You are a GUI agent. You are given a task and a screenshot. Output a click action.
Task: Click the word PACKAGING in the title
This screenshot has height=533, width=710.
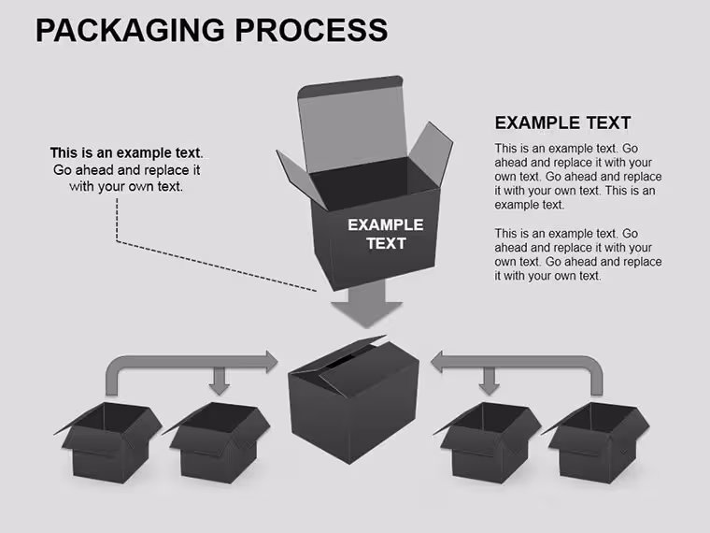pyautogui.click(x=130, y=31)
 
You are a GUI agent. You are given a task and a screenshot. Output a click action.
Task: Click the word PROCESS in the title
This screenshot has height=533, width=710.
pyautogui.click(x=311, y=30)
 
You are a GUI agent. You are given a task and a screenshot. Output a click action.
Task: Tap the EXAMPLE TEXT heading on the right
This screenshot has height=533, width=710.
pyautogui.click(x=562, y=122)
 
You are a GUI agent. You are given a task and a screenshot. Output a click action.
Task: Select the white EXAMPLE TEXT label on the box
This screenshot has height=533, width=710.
pyautogui.click(x=386, y=234)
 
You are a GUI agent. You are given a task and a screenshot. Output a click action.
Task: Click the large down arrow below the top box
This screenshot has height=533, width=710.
pyautogui.click(x=366, y=304)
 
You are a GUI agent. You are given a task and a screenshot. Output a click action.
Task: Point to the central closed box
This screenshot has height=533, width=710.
pyautogui.click(x=354, y=400)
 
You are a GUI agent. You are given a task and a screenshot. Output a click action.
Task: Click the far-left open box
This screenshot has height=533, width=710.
pyautogui.click(x=108, y=442)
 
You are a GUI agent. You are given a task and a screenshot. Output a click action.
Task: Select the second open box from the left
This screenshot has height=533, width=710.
pyautogui.click(x=216, y=442)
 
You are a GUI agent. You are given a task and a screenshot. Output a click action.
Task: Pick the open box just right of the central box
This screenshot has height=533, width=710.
pyautogui.click(x=488, y=442)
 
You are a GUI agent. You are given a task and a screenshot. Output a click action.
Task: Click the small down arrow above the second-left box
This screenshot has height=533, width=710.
pyautogui.click(x=220, y=381)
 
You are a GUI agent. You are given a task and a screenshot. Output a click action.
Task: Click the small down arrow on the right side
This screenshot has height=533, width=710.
pyautogui.click(x=489, y=381)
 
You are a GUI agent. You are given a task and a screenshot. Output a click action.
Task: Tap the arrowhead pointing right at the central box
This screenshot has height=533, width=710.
pyautogui.click(x=272, y=362)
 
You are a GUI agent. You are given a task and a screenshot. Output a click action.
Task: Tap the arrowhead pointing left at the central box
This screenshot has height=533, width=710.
pyautogui.click(x=436, y=362)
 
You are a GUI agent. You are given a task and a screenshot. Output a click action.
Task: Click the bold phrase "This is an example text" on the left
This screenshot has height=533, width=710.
pyautogui.click(x=125, y=152)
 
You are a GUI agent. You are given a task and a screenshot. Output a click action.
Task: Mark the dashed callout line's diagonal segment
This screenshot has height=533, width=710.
pyautogui.click(x=217, y=266)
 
